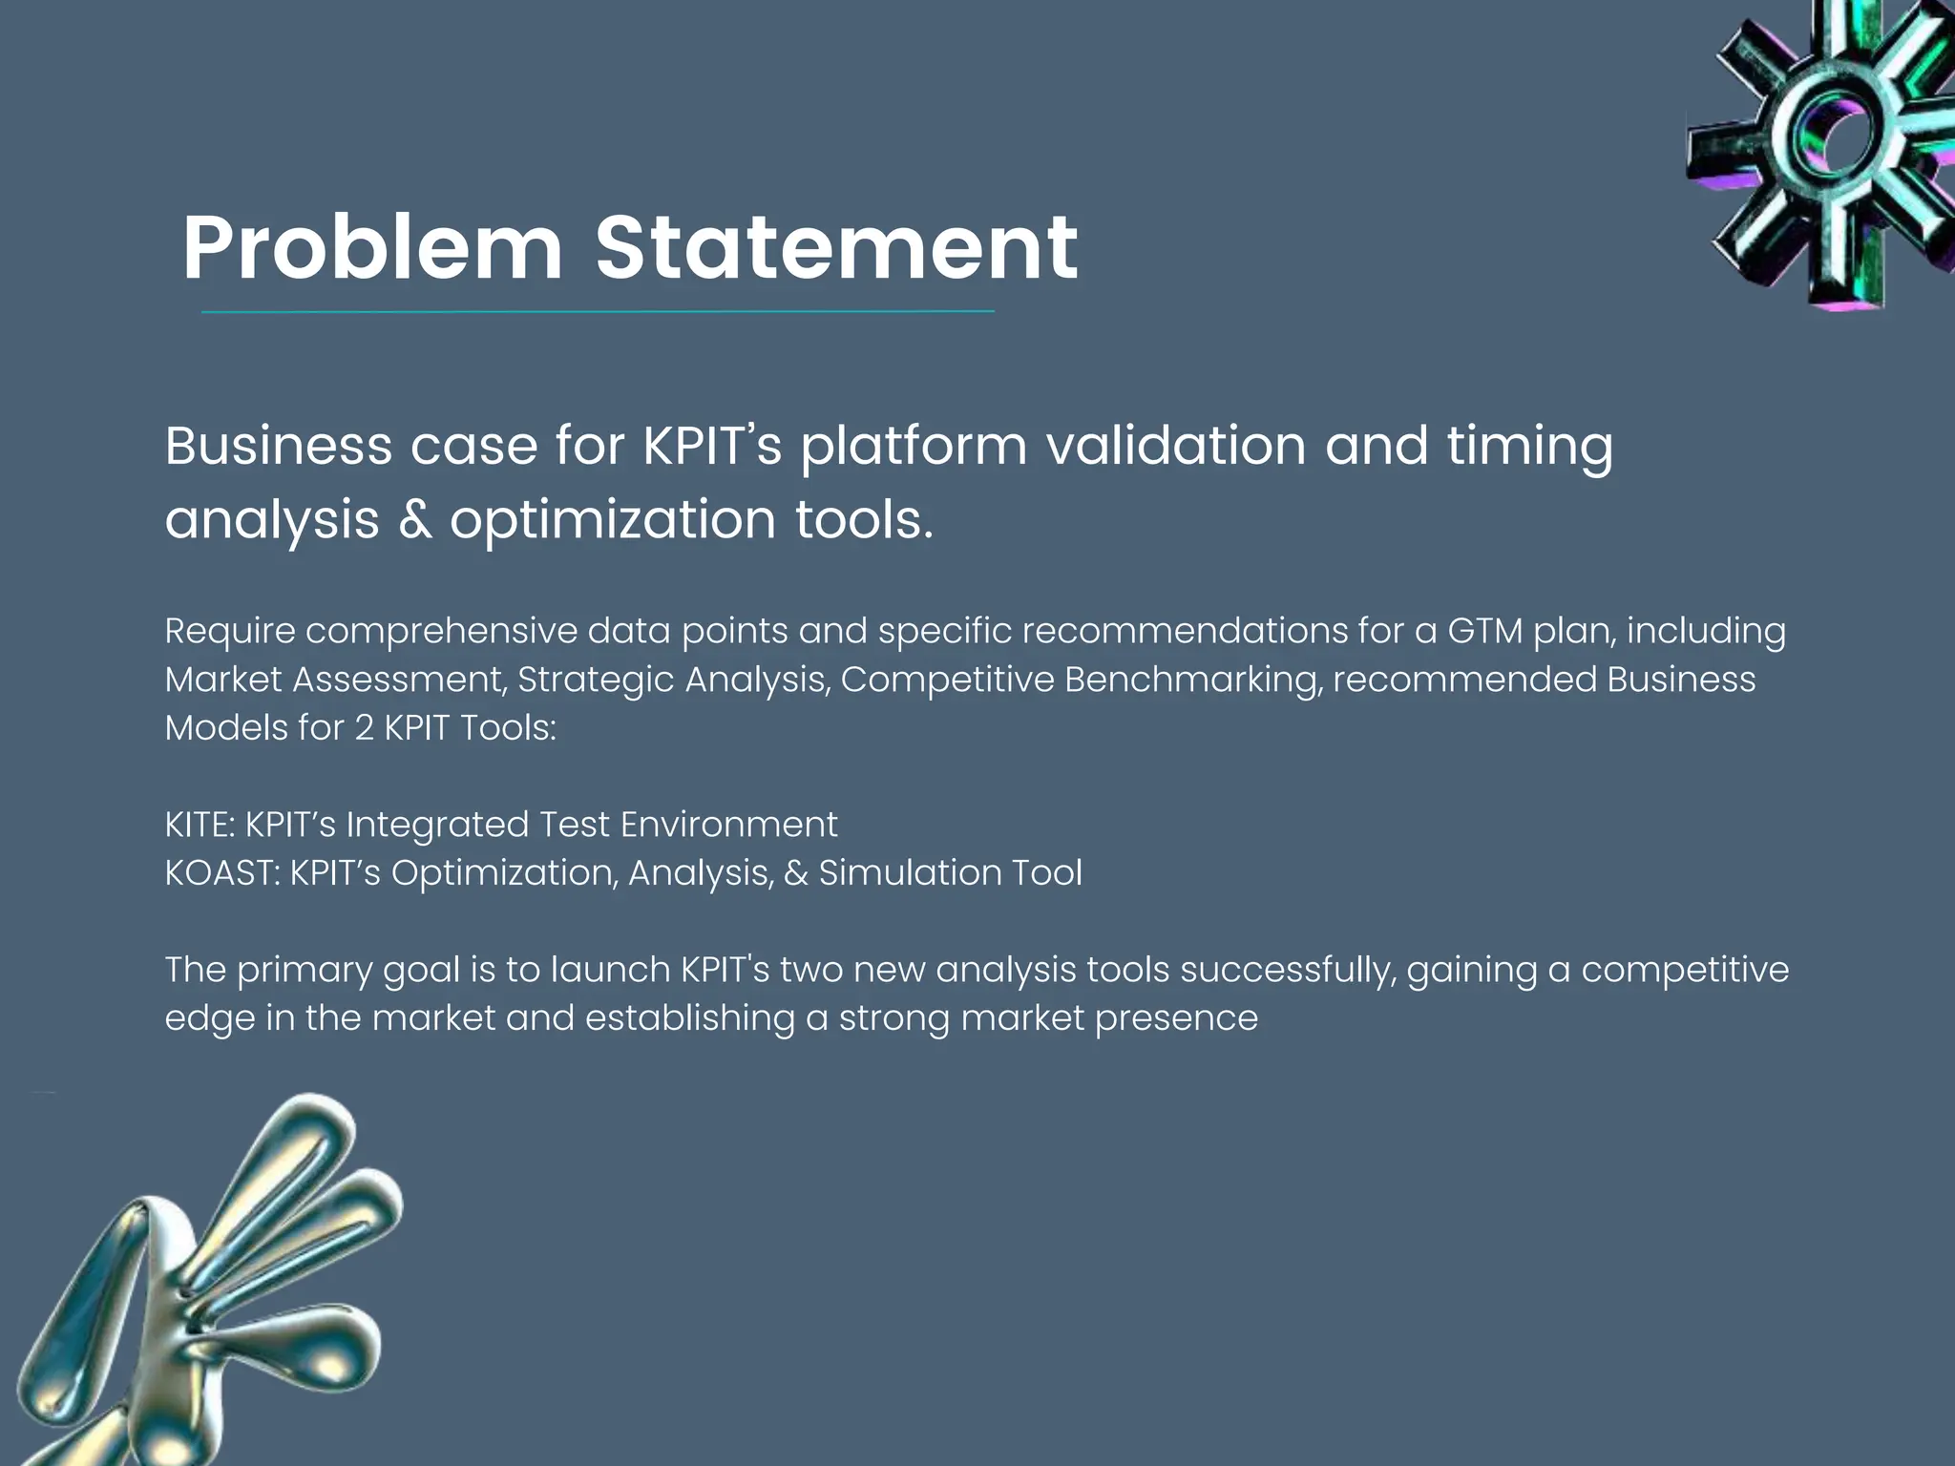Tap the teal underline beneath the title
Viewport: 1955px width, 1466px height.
(x=598, y=311)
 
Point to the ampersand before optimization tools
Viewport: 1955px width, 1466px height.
(x=414, y=520)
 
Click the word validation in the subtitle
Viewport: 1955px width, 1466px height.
(x=1176, y=446)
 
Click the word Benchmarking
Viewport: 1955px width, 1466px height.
(x=1193, y=680)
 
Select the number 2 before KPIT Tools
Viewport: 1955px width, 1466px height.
(x=364, y=728)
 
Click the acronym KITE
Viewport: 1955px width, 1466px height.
(x=199, y=825)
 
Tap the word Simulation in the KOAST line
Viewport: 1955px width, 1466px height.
(x=908, y=873)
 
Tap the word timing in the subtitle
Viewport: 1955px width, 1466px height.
(x=1529, y=446)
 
